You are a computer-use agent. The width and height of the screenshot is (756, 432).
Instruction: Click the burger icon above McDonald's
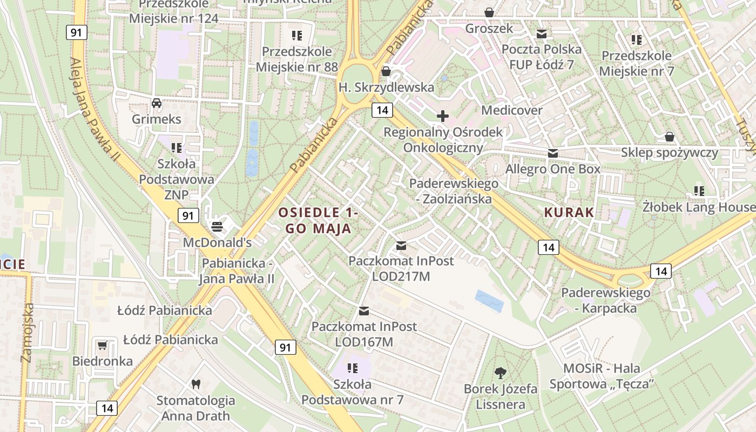pyautogui.click(x=217, y=226)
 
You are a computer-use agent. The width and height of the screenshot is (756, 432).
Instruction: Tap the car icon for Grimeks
pyautogui.click(x=157, y=103)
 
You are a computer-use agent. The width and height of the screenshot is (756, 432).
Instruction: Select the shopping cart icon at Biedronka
pyautogui.click(x=103, y=345)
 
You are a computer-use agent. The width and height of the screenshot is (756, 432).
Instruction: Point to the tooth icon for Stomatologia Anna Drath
pyautogui.click(x=196, y=384)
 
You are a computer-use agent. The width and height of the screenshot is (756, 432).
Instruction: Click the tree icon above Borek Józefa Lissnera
pyautogui.click(x=501, y=372)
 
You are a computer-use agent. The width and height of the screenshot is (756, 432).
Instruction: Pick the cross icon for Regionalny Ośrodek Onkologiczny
pyautogui.click(x=443, y=116)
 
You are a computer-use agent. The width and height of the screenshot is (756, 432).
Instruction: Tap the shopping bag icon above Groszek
pyautogui.click(x=489, y=12)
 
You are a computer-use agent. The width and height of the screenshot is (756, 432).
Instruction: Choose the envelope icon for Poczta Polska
pyautogui.click(x=542, y=34)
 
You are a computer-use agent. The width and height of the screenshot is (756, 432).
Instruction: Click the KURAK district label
pyautogui.click(x=569, y=212)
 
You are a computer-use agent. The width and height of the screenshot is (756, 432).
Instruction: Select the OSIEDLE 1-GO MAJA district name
pyautogui.click(x=319, y=220)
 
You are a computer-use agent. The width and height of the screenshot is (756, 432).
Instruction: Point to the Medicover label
pyautogui.click(x=512, y=110)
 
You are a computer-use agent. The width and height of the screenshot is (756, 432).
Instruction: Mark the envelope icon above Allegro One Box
pyautogui.click(x=552, y=153)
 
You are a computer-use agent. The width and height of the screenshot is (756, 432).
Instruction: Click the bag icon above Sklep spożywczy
pyautogui.click(x=670, y=137)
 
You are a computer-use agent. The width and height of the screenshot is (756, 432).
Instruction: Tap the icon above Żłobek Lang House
pyautogui.click(x=699, y=191)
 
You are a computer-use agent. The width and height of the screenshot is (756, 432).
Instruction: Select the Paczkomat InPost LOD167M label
pyautogui.click(x=364, y=334)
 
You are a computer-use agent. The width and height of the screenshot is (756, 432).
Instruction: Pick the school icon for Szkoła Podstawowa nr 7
pyautogui.click(x=353, y=368)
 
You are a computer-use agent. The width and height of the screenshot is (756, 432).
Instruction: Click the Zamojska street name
pyautogui.click(x=27, y=332)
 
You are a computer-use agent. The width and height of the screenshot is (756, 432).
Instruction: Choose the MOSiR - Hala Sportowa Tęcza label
pyautogui.click(x=602, y=376)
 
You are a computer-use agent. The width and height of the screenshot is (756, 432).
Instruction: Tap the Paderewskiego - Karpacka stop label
pyautogui.click(x=605, y=300)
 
